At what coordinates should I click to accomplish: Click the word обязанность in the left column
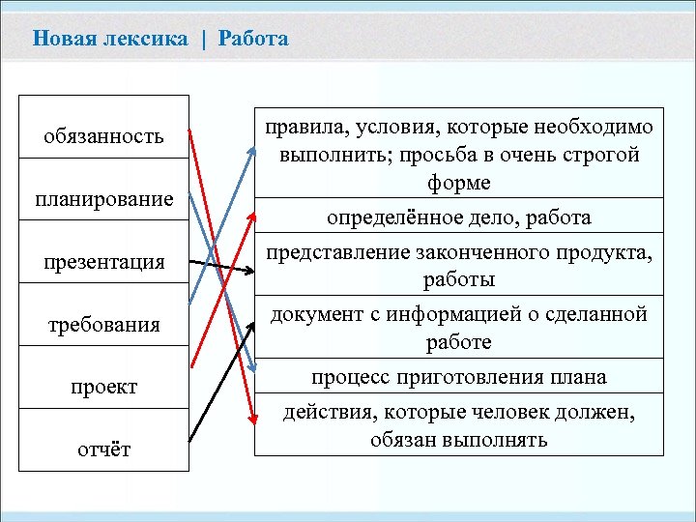pos(103,137)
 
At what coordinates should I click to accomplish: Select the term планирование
pos(103,200)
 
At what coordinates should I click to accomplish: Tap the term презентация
pos(103,262)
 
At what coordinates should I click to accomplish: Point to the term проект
pos(103,387)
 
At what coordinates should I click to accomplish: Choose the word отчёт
pos(103,449)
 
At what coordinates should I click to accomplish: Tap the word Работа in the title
pos(253,39)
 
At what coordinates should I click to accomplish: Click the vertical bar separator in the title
pos(204,39)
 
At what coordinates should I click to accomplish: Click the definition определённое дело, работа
pos(459,217)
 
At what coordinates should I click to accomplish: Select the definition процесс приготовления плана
pos(459,376)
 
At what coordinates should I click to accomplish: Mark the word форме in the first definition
pos(459,183)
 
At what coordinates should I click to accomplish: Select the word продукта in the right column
pos(610,253)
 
